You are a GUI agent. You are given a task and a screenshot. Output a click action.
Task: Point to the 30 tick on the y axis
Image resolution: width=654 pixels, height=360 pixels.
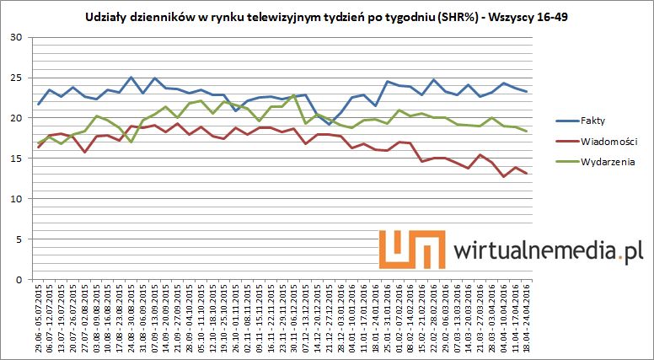click(x=16, y=37)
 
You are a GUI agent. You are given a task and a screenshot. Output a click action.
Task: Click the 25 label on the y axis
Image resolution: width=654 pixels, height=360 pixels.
click(x=16, y=78)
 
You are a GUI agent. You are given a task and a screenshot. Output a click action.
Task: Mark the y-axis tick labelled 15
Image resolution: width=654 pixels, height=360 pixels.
click(x=16, y=159)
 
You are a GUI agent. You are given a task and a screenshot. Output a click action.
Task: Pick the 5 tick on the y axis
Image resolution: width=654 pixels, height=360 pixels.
click(x=19, y=239)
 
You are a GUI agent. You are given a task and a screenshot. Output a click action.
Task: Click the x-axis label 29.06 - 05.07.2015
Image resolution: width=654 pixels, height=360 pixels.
click(x=39, y=317)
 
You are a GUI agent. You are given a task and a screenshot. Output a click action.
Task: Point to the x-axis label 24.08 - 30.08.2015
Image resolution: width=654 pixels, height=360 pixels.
click(x=131, y=317)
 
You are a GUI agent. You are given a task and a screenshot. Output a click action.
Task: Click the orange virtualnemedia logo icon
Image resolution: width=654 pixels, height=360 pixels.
click(x=411, y=251)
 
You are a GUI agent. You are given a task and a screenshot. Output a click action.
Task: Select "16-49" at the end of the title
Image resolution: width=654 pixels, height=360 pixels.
click(x=550, y=17)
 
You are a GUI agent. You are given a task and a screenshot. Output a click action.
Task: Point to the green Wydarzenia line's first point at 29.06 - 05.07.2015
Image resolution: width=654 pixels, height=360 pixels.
click(x=39, y=142)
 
